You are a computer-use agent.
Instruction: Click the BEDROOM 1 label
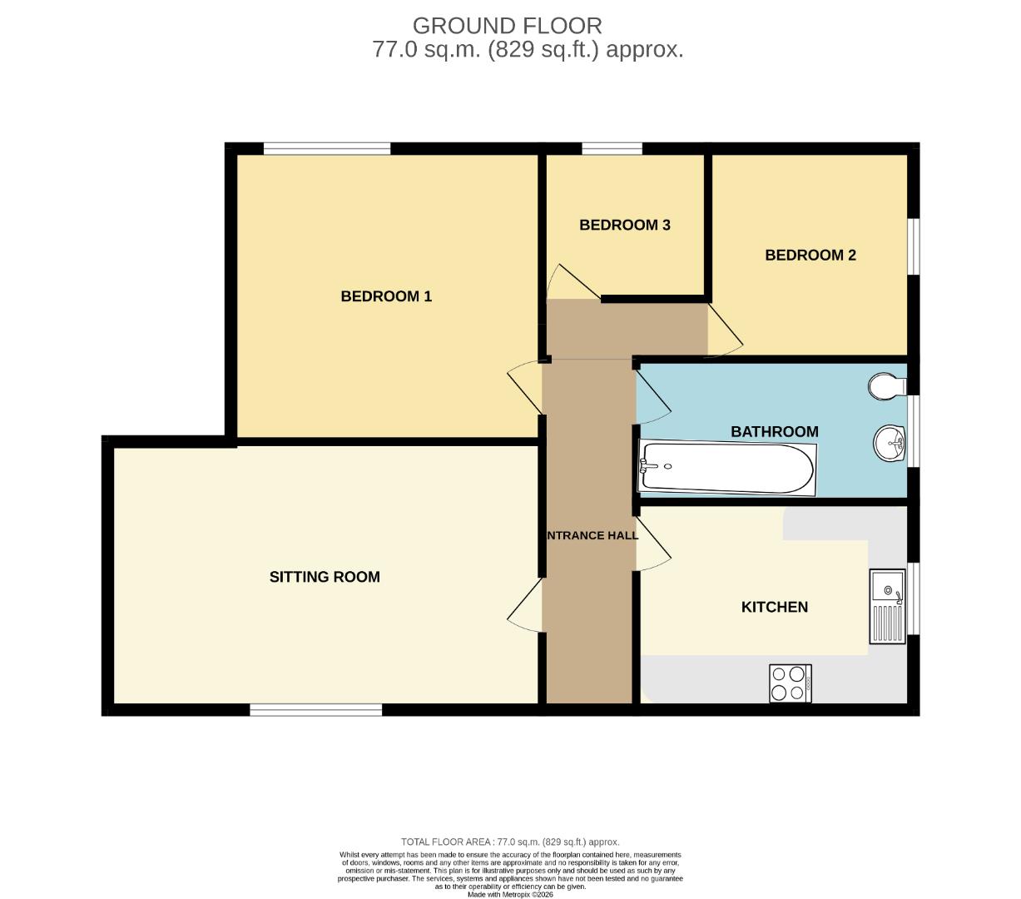point(386,296)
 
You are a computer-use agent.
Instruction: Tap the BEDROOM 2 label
point(810,256)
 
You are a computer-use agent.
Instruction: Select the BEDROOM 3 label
point(624,225)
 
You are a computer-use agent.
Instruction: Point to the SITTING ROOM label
point(325,577)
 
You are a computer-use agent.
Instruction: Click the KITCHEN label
point(774,607)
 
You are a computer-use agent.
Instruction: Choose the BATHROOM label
point(774,431)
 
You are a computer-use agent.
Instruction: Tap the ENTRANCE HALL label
point(592,535)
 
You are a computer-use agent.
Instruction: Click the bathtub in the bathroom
point(726,468)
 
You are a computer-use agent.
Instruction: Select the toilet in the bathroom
point(887,385)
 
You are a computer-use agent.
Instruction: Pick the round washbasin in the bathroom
point(890,442)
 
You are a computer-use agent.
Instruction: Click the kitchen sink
point(887,606)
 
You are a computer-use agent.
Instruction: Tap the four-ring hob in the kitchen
point(791,683)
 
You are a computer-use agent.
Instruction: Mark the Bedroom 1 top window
point(327,149)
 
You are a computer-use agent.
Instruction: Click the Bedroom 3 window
point(612,149)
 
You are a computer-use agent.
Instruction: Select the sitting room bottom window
point(316,709)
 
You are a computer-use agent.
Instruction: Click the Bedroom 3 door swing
point(571,283)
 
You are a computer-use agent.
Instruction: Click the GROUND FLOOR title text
point(507,26)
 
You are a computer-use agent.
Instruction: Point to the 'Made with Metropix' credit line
point(510,895)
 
